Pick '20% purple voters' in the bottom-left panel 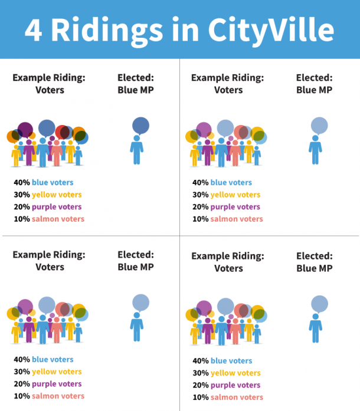point(48,384)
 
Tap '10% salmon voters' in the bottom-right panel point(228,397)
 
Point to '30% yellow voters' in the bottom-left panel point(48,371)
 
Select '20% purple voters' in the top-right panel point(227,207)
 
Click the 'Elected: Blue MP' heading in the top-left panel point(136,84)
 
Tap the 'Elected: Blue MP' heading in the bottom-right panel point(314,262)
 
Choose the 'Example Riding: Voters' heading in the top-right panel point(228,84)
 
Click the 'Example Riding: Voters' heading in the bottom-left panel point(49,261)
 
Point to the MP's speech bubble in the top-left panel point(140,126)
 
